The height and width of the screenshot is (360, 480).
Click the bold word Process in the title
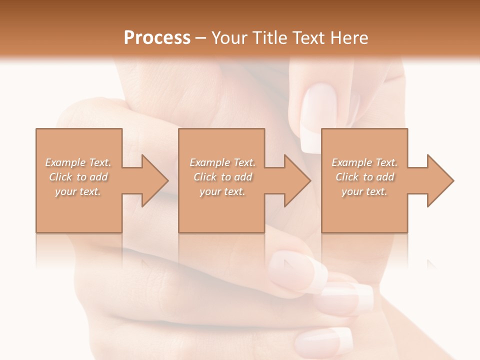[157, 37]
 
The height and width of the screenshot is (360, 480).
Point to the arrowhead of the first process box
[154, 180]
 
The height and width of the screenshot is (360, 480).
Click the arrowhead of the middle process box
[297, 180]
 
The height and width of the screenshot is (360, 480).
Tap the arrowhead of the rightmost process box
[440, 180]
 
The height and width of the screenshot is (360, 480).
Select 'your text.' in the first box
[78, 191]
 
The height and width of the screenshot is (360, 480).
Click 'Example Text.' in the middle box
[222, 162]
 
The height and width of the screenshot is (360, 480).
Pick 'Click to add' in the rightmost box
[365, 177]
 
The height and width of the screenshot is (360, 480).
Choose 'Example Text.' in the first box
[78, 162]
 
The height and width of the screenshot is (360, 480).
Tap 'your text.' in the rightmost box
[364, 191]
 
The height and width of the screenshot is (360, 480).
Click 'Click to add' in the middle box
[222, 177]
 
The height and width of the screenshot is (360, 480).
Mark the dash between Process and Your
[200, 37]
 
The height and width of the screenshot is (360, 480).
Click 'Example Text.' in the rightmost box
[364, 162]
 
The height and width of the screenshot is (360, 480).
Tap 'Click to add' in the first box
[78, 177]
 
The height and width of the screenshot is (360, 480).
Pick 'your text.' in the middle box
[222, 191]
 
